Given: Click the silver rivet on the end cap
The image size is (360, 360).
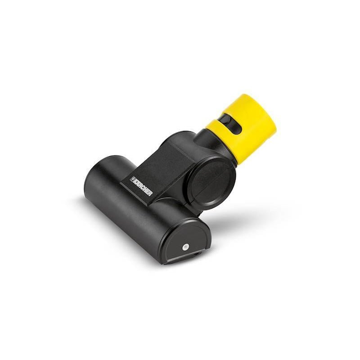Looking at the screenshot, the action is point(185,247).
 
